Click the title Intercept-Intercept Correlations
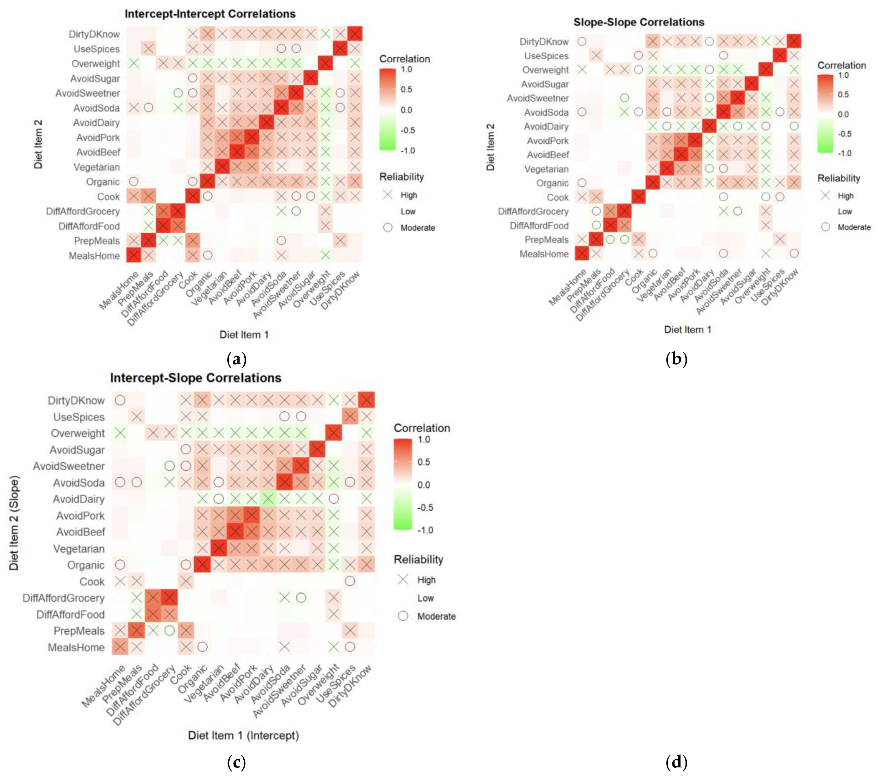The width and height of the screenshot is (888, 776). click(x=210, y=14)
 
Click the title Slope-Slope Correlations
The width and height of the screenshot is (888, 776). click(x=639, y=22)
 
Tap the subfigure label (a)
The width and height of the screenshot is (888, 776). click(x=236, y=359)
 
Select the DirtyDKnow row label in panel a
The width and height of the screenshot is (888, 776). click(x=94, y=34)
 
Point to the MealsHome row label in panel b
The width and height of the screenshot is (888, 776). click(x=544, y=254)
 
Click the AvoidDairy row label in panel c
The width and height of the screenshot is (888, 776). click(x=78, y=499)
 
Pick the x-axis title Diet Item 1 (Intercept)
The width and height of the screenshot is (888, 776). click(x=243, y=735)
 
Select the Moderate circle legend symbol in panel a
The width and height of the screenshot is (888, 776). click(x=388, y=228)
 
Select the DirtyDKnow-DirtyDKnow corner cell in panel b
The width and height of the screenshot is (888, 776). click(x=794, y=41)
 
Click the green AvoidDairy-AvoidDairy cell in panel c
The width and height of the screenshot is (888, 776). click(x=268, y=499)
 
